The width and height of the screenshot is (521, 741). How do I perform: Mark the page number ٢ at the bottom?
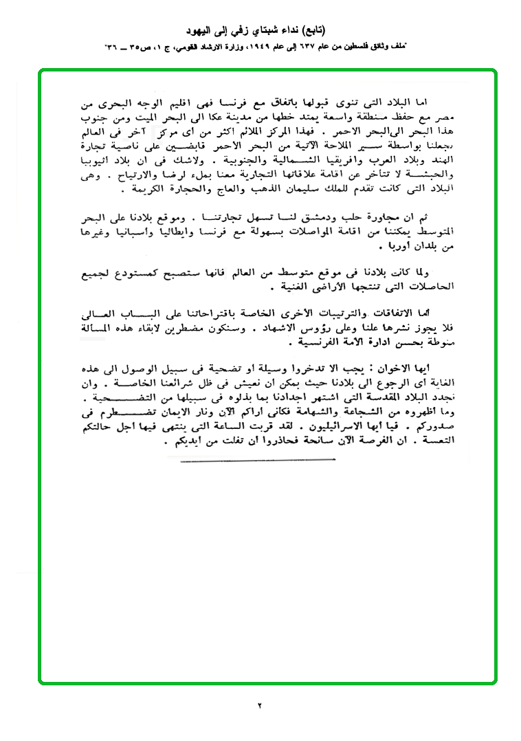(260, 705)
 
